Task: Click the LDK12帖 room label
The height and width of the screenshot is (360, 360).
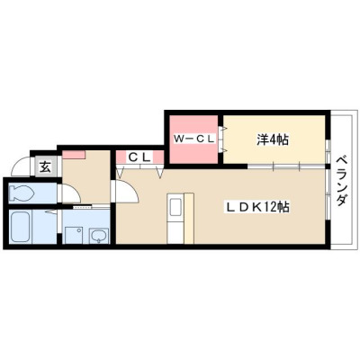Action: pos(257,207)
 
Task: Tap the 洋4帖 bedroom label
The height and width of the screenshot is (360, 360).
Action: pos(273,139)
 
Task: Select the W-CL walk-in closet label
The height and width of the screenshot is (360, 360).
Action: pos(194,139)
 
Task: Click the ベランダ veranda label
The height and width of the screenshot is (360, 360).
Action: pos(342,181)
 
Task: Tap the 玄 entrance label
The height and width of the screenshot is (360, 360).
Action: pos(45,166)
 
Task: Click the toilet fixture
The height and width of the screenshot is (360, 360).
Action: pos(21,193)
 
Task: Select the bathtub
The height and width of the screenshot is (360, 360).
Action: pos(21,227)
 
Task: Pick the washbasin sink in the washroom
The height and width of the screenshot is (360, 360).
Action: pos(99,236)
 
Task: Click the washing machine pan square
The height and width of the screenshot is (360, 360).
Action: pos(74,235)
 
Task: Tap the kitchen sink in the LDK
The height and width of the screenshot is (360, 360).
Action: pos(175,207)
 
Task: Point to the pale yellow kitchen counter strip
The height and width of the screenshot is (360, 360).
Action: pos(189,219)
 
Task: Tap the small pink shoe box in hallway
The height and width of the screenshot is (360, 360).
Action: pos(74,155)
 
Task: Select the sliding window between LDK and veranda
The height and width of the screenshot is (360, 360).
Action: pos(328,195)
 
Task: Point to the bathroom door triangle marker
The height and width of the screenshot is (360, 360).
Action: pos(51,212)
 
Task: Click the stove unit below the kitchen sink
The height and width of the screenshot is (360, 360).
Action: pos(175,230)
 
